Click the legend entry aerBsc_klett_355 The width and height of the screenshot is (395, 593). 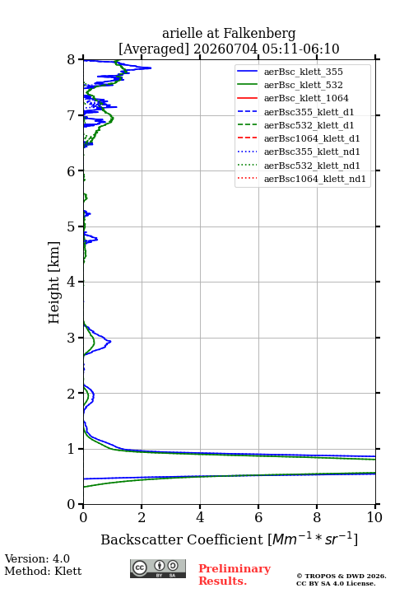[x=303, y=72]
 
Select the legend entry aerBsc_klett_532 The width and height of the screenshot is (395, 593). [x=303, y=85]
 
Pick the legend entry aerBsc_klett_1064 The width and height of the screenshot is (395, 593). [x=306, y=98]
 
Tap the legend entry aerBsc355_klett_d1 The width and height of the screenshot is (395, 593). [x=309, y=112]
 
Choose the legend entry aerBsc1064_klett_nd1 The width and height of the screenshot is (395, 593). [x=315, y=179]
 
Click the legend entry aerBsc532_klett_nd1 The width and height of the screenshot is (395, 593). [x=312, y=166]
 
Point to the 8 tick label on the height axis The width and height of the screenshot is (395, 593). [x=72, y=60]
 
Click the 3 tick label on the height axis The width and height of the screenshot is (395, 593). [x=72, y=338]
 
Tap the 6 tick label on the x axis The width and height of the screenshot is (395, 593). [x=258, y=517]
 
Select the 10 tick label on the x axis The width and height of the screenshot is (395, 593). [x=374, y=517]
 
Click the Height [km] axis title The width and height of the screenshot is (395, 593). [x=54, y=282]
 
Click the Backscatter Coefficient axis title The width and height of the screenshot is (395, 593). [x=229, y=539]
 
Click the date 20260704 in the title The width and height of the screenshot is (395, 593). [x=225, y=49]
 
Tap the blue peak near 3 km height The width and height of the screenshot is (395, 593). [x=110, y=341]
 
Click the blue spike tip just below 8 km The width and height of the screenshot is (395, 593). [x=151, y=68]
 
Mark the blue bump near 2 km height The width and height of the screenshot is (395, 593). [x=93, y=396]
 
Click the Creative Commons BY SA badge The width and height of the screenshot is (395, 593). [x=158, y=569]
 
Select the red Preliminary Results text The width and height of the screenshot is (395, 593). [x=235, y=575]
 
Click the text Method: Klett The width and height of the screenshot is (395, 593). [x=43, y=571]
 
